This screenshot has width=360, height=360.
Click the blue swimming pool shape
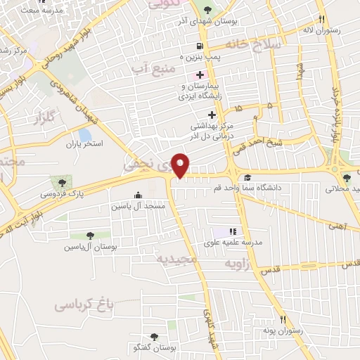85,134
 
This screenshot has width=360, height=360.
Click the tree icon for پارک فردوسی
63,182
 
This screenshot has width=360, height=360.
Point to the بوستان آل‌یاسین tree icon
90,236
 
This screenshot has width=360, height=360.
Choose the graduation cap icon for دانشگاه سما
247,178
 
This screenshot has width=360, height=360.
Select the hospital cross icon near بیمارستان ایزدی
201,75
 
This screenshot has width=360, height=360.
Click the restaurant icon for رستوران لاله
321,20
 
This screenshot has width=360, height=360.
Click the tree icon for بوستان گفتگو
153,337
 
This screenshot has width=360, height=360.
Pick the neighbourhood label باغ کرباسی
84,305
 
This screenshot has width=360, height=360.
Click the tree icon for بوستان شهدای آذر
207,9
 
